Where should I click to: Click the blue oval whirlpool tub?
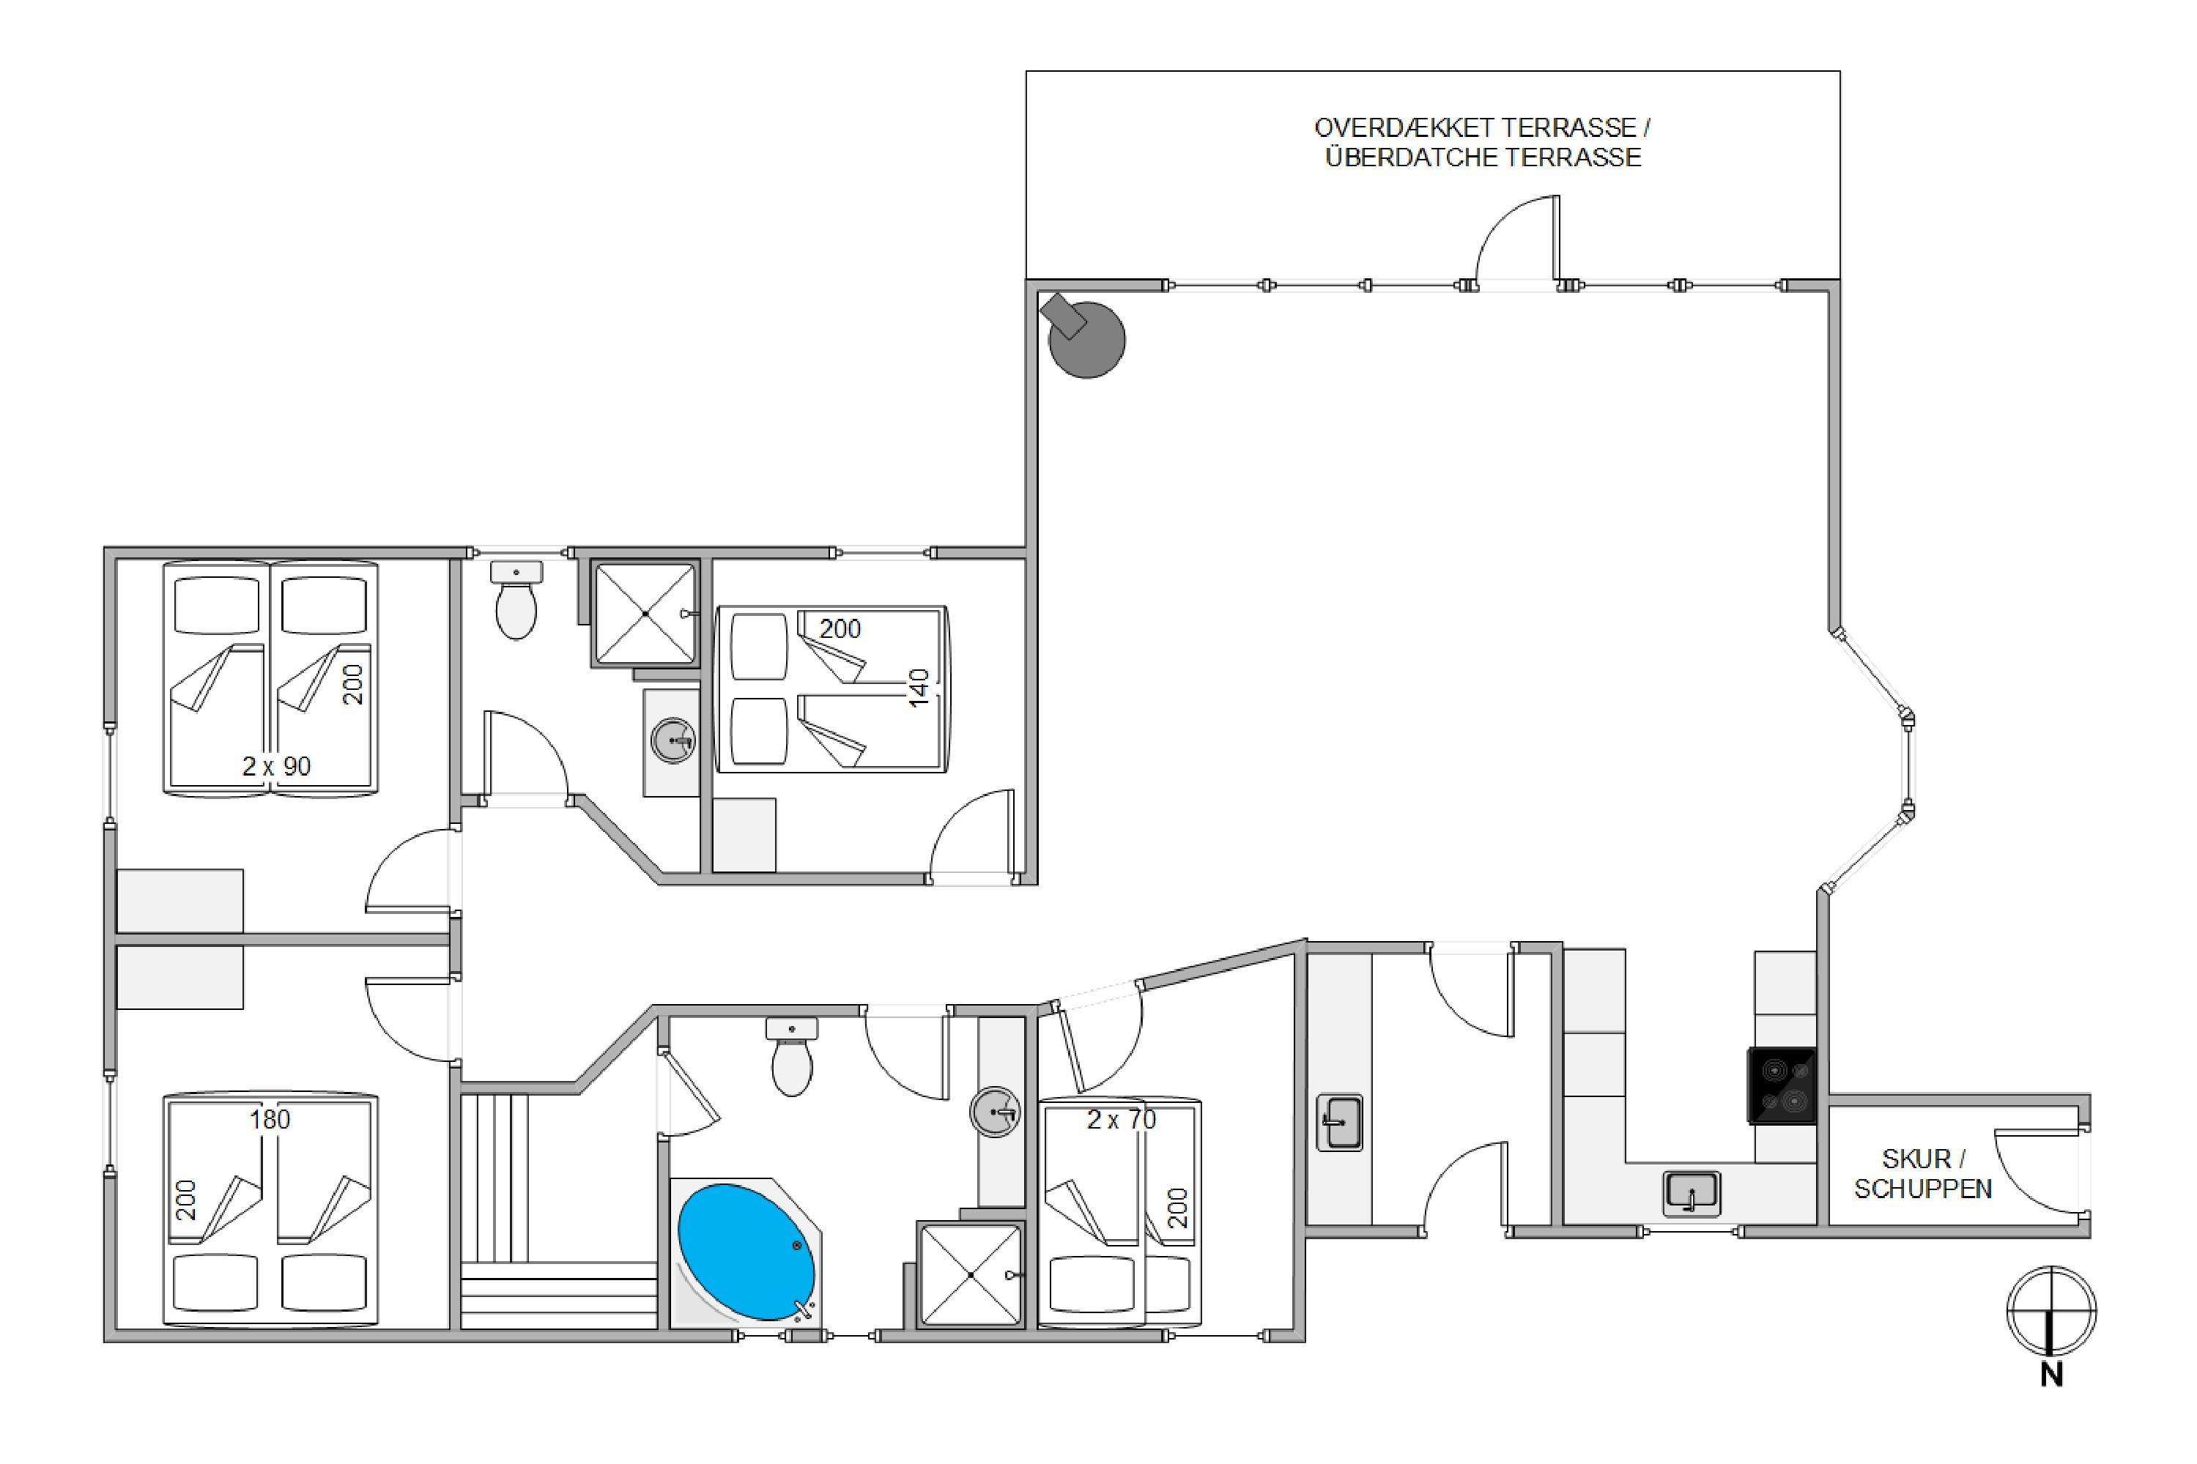click(x=745, y=1252)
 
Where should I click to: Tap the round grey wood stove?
click(x=1086, y=338)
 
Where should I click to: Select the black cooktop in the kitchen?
click(x=1781, y=1085)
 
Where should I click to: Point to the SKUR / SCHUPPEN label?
click(x=1922, y=1174)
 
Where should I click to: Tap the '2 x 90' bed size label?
click(x=275, y=767)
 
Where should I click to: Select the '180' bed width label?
click(x=270, y=1118)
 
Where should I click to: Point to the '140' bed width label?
click(x=919, y=688)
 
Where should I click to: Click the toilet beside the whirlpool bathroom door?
click(x=792, y=1056)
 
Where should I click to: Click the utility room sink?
click(x=1340, y=1122)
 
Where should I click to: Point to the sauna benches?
click(x=558, y=1211)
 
